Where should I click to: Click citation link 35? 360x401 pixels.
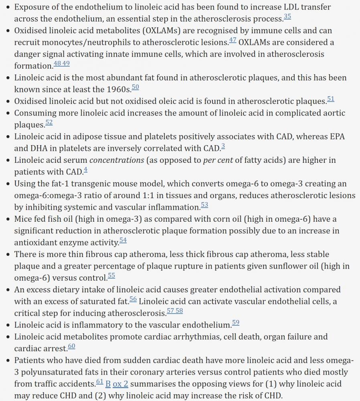coord(287,17)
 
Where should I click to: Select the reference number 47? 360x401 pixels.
coord(233,40)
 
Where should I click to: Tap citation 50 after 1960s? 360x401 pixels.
coord(135,87)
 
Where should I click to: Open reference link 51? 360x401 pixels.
coord(330,99)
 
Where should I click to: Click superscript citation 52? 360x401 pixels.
coord(49,122)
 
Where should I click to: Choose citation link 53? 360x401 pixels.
coord(204,205)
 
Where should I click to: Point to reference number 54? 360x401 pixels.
coord(123,240)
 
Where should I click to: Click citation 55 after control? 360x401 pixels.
coord(111,275)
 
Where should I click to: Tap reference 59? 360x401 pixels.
coord(236,323)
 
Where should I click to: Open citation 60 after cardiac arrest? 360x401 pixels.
coord(71,346)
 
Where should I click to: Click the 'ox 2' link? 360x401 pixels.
coord(120,384)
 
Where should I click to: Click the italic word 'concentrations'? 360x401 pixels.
coord(117,160)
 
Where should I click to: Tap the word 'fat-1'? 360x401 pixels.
coord(65,184)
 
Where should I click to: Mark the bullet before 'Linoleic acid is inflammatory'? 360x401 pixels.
coord(9,325)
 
